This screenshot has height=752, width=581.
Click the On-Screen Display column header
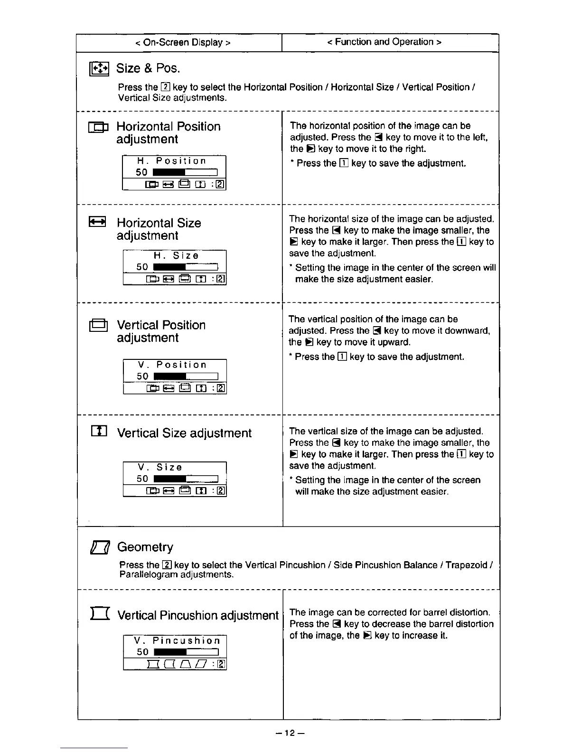click(183, 42)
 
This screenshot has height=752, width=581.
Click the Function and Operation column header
click(384, 42)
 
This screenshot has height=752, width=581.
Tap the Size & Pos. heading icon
click(100, 69)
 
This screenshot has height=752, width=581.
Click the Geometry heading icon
click(100, 548)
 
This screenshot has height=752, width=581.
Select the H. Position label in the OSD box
click(172, 161)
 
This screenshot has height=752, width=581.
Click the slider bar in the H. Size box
click(185, 267)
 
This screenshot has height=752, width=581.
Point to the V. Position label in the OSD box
click(172, 365)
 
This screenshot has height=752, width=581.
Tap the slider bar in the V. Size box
click(186, 479)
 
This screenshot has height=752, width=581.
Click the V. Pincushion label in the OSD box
click(177, 640)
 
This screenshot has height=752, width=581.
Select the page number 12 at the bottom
click(290, 733)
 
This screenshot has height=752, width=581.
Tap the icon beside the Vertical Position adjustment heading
click(98, 325)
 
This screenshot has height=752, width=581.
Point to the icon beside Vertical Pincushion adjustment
click(100, 614)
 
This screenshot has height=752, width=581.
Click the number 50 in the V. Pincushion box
click(142, 652)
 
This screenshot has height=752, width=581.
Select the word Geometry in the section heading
click(145, 547)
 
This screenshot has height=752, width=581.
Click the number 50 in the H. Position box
click(141, 172)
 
